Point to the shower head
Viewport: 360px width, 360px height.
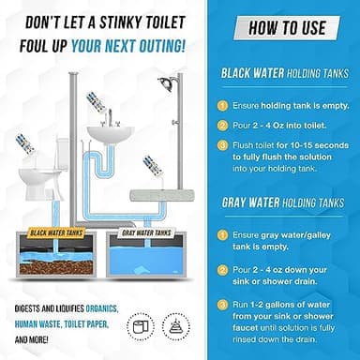coord(166,83)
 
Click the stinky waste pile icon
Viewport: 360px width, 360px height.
coord(175,326)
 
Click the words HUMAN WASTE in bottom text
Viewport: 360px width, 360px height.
coord(33,324)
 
